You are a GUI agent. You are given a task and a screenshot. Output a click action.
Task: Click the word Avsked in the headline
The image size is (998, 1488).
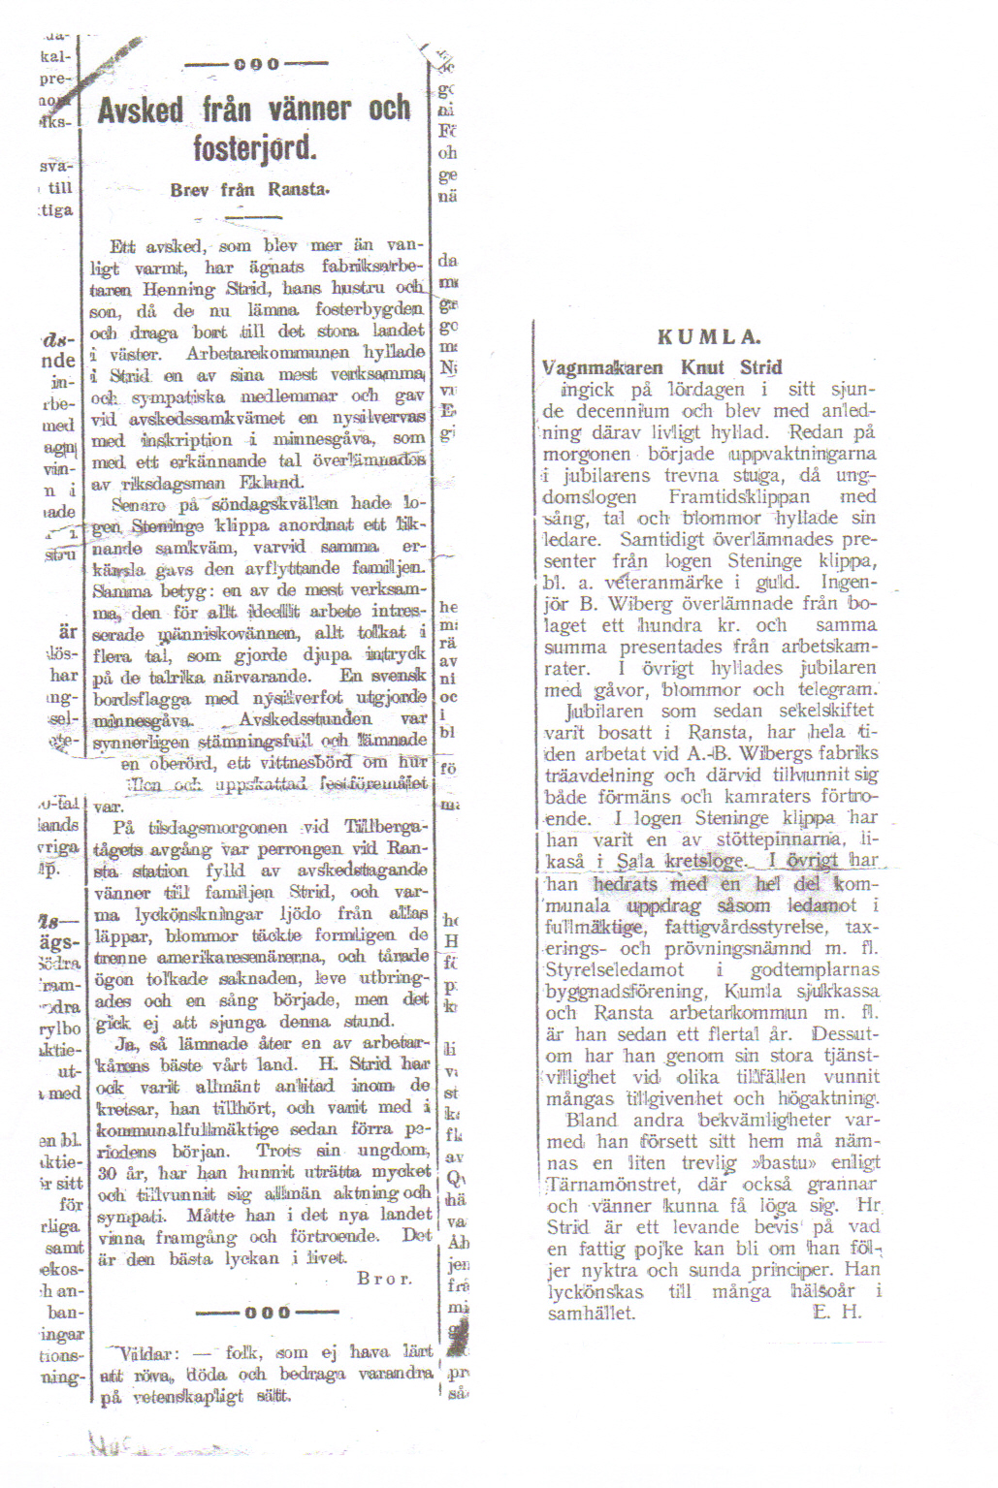tap(141, 110)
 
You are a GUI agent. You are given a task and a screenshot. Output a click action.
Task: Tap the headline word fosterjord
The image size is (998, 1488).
tap(254, 148)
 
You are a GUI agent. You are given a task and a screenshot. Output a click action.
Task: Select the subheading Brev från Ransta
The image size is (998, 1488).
tap(249, 190)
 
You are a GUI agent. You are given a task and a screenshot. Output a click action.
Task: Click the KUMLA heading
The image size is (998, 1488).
tap(709, 337)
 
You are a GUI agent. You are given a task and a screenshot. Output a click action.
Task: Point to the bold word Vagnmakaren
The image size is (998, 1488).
tap(602, 367)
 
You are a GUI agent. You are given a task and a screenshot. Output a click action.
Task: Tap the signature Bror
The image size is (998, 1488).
tap(384, 1279)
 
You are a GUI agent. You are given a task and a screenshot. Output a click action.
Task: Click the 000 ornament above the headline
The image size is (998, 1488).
tap(256, 65)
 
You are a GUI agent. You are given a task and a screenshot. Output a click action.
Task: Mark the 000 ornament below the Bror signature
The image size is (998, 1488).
tap(268, 1313)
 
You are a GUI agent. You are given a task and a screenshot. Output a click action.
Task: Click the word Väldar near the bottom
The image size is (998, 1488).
tap(145, 1353)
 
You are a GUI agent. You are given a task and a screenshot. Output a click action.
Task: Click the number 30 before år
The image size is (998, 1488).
tap(108, 1172)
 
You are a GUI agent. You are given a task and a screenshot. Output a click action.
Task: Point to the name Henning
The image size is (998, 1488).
tap(178, 289)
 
